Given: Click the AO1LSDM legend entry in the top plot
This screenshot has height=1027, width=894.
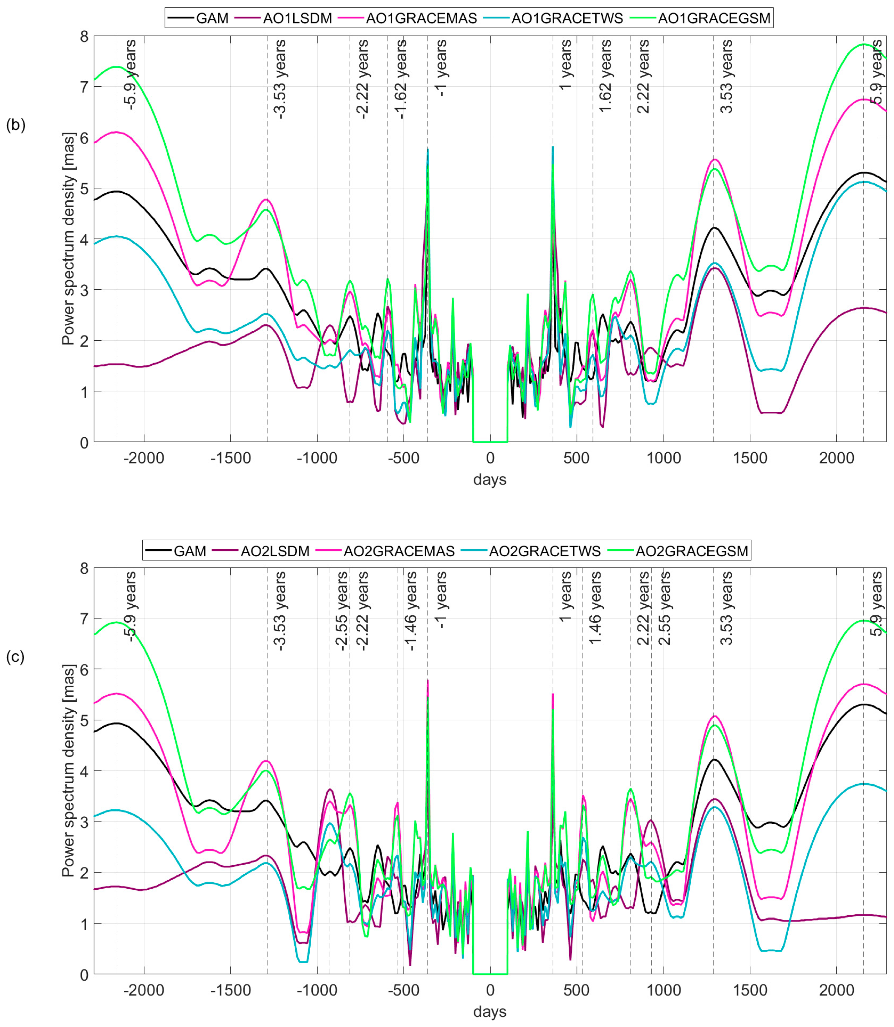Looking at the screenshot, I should click(297, 18).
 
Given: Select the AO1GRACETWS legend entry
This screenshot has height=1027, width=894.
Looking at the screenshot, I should click(567, 18).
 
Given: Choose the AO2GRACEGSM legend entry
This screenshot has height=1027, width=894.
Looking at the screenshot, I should click(691, 551).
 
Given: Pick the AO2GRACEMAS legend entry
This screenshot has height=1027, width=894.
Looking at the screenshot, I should click(399, 551).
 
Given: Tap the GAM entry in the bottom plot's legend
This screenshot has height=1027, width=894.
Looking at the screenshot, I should click(190, 551).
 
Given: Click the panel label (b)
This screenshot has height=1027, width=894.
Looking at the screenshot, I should click(15, 125).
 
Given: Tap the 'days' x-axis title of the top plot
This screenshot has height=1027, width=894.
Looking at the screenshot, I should click(490, 479).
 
